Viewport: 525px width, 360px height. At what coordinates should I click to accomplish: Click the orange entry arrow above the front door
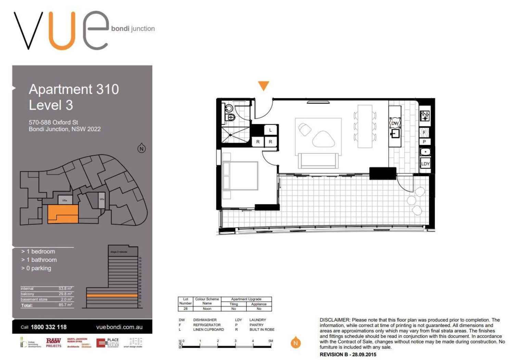(263, 85)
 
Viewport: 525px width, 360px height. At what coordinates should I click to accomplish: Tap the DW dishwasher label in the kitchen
(395, 123)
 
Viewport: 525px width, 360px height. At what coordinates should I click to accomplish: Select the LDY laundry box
(425, 164)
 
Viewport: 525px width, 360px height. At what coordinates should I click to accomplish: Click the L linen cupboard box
(270, 130)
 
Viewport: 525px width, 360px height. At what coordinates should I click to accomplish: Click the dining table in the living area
(364, 126)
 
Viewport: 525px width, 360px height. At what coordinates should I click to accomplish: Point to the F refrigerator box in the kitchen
(424, 132)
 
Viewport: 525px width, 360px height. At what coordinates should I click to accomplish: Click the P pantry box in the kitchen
(424, 141)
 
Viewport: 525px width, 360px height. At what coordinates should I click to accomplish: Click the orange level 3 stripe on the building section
(112, 295)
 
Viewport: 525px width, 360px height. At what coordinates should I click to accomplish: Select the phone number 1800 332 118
(49, 327)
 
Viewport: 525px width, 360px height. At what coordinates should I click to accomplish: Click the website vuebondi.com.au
(119, 327)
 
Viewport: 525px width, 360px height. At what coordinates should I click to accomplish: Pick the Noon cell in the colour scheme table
(207, 309)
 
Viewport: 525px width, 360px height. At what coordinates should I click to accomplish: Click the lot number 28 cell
(185, 309)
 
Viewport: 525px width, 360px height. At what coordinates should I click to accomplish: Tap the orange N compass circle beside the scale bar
(296, 343)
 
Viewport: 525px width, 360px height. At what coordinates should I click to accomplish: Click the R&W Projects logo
(53, 343)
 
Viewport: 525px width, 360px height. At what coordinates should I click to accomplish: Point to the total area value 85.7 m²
(65, 305)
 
